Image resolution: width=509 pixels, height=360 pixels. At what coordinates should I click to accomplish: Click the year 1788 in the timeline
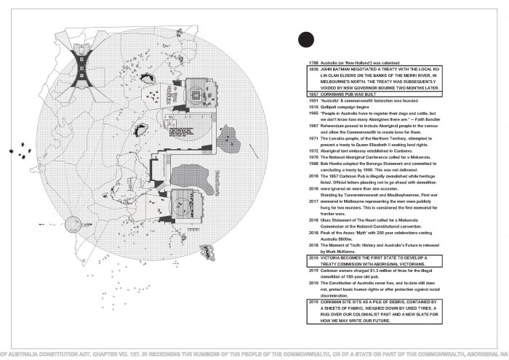pos(315,64)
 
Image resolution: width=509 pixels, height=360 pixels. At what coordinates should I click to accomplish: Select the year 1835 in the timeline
pos(315,71)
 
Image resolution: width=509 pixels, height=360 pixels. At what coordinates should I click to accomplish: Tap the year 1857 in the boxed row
pos(315,95)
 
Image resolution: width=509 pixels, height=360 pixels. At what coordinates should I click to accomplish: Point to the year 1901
pos(315,101)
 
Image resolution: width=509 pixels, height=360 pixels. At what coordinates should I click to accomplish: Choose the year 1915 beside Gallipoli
pos(315,108)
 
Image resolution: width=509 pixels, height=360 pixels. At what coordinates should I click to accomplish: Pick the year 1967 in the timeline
pos(315,126)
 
